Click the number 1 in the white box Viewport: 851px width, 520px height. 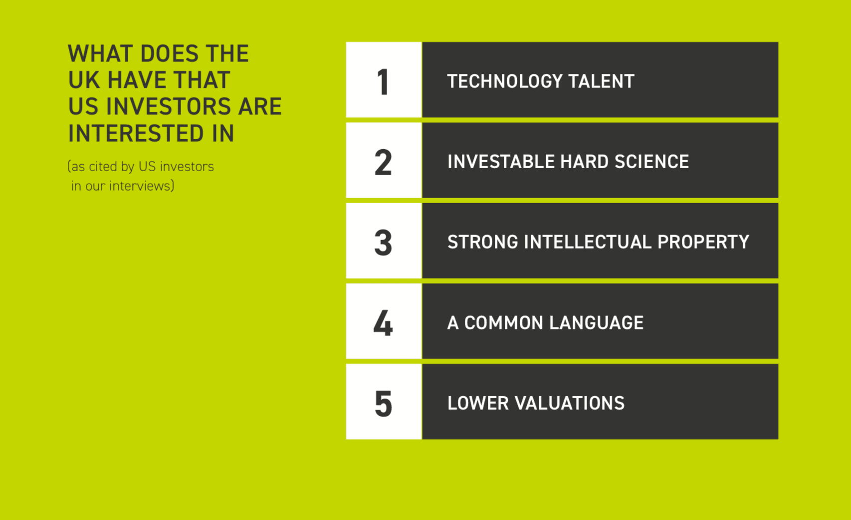point(383,82)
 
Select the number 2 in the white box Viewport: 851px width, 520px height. point(383,162)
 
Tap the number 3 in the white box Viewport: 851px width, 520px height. point(383,243)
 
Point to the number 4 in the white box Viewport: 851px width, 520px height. point(383,323)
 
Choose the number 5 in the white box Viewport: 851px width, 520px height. point(383,404)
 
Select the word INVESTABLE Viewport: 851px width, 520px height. point(501,162)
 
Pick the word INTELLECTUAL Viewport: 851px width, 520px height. point(588,242)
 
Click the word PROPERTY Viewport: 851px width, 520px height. point(703,242)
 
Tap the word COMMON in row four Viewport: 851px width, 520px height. point(504,323)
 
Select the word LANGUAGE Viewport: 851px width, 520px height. point(597,323)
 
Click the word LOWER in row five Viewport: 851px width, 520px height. point(478,403)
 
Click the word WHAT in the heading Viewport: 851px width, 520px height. point(101,53)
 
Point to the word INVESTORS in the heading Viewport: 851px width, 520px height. point(169,106)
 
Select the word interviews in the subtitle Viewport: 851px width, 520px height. point(140,186)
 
